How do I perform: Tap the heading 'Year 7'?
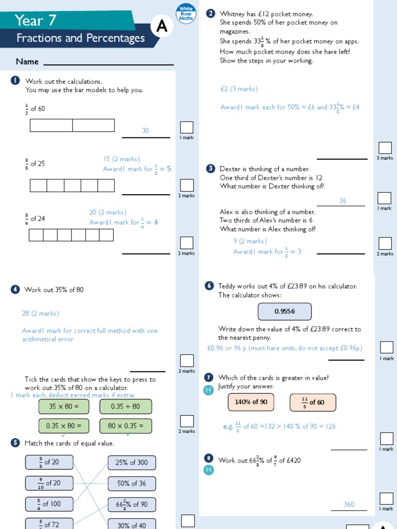pos(36,21)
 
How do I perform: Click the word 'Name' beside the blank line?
pos(27,61)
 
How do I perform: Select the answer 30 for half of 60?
pos(145,131)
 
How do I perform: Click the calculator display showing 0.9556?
pos(285,312)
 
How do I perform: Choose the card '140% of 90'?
pos(251,402)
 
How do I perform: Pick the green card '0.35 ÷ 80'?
pos(126,407)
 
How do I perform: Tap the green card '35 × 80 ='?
pos(64,407)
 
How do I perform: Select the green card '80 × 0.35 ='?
pos(126,426)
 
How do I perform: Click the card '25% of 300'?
pos(132,463)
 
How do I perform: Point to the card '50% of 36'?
pos(132,484)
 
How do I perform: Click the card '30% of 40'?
pos(132,524)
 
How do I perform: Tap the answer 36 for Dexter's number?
pos(343,200)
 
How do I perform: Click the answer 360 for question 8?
pos(349,504)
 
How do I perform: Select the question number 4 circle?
pos(15,290)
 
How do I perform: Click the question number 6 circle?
pos(209,286)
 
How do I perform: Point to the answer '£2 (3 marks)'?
pos(239,89)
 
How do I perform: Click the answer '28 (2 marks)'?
pos(40,314)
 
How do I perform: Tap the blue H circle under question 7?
pos(209,391)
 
